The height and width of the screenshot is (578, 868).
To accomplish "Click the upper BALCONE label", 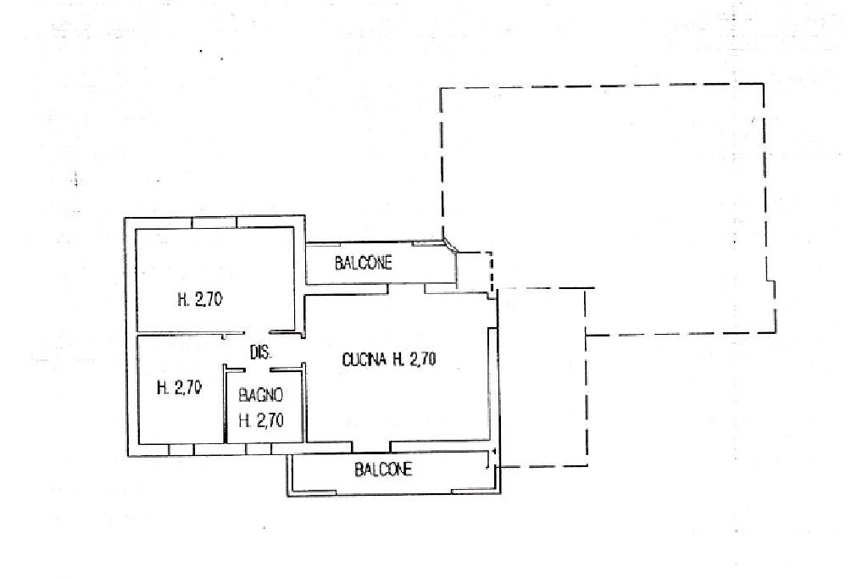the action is tap(364, 263).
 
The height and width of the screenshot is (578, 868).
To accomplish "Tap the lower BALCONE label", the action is tap(384, 470).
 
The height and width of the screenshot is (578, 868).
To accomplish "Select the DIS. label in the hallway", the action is tap(259, 353).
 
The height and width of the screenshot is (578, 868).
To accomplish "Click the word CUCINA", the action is tap(364, 360).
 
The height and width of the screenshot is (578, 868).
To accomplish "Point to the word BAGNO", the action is tap(260, 395).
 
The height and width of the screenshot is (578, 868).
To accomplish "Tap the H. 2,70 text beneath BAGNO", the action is tap(260, 420).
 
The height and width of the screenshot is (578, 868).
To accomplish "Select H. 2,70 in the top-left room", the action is tap(200, 298).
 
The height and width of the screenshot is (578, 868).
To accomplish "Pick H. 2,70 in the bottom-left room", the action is tap(179, 388).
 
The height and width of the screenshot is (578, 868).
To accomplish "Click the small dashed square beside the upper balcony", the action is tap(475, 271).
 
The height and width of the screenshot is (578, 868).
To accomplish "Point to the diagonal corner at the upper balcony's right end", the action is tap(451, 246).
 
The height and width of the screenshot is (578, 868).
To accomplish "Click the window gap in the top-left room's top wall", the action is tap(214, 222).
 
